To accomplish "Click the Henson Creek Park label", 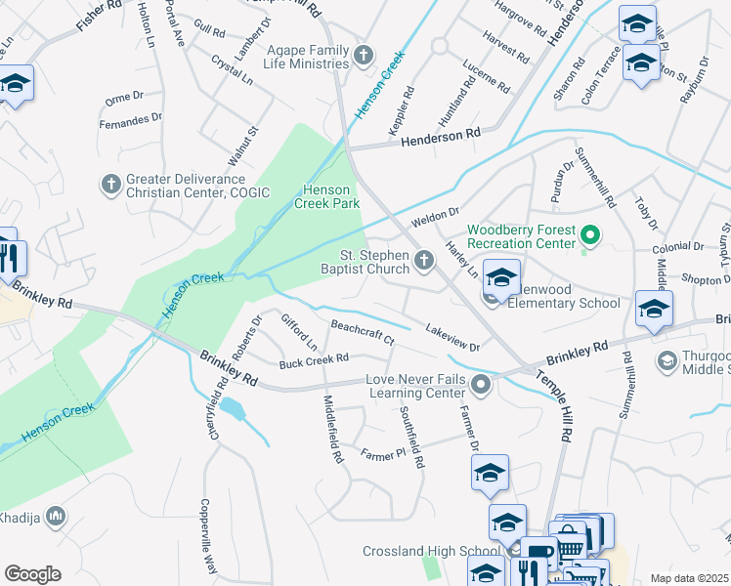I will (x=331, y=196).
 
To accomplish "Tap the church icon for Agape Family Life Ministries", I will (x=364, y=55).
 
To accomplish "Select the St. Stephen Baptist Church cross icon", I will (x=423, y=260).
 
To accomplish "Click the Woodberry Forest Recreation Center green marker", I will (x=589, y=235).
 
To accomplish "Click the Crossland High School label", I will (x=424, y=552).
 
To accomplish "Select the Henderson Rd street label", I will (x=441, y=138).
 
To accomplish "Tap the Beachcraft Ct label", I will (x=362, y=332).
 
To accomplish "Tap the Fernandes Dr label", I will (x=131, y=119).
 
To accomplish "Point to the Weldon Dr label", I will (x=435, y=213).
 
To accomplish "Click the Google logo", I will (x=32, y=574).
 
